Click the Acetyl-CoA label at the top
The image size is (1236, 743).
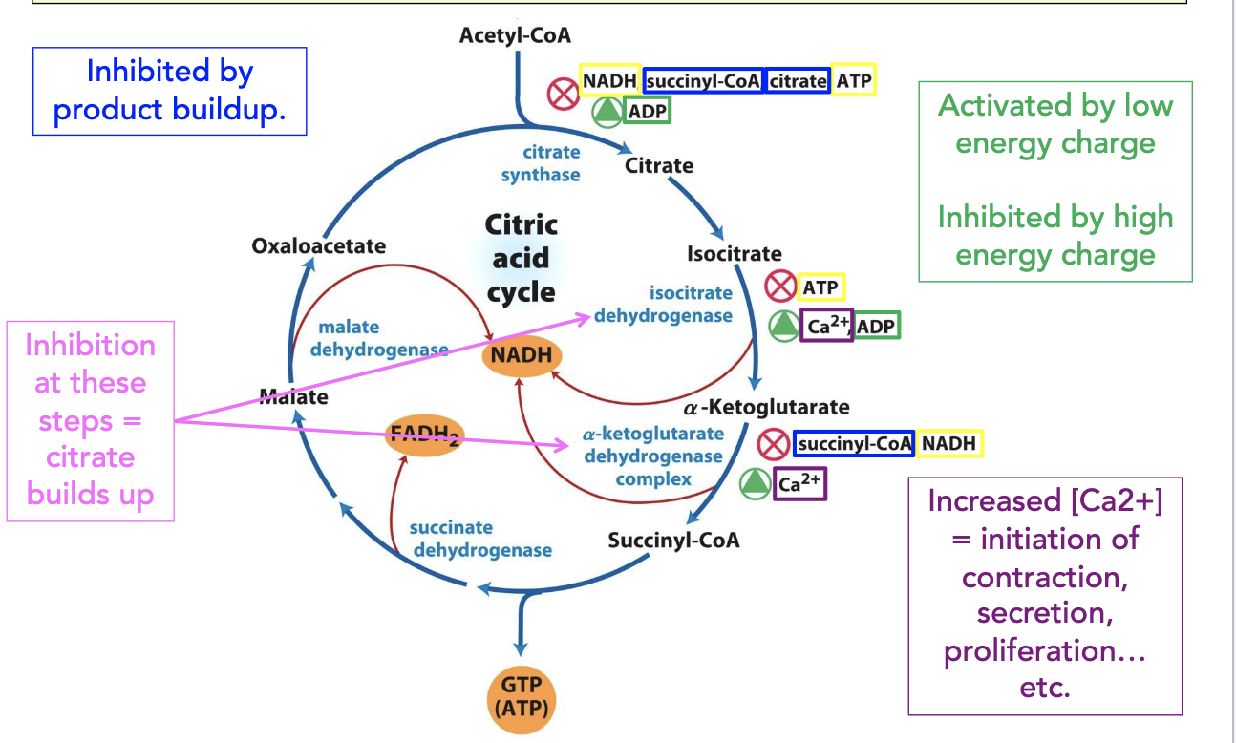[515, 35]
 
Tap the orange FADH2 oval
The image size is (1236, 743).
[424, 435]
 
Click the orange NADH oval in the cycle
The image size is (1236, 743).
[522, 355]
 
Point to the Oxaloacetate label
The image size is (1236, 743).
[318, 246]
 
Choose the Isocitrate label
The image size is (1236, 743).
[734, 254]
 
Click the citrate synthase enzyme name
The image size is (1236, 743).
[541, 163]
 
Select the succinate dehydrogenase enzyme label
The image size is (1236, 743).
[480, 539]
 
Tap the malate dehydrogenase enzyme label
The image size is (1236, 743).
[379, 338]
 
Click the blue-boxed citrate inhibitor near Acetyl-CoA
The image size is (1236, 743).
[798, 81]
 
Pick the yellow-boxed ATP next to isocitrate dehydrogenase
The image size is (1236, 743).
[820, 287]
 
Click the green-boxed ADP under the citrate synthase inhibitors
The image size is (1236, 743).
[647, 111]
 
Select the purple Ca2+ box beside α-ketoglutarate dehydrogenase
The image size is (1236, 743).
[799, 484]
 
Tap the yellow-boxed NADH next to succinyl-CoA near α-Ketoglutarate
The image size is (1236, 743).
[948, 443]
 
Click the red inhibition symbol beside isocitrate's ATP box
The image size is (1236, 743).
[780, 287]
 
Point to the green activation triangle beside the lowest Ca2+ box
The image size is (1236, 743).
[755, 484]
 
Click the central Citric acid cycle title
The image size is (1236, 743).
[521, 258]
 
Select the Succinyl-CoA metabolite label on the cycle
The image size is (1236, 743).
[673, 540]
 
